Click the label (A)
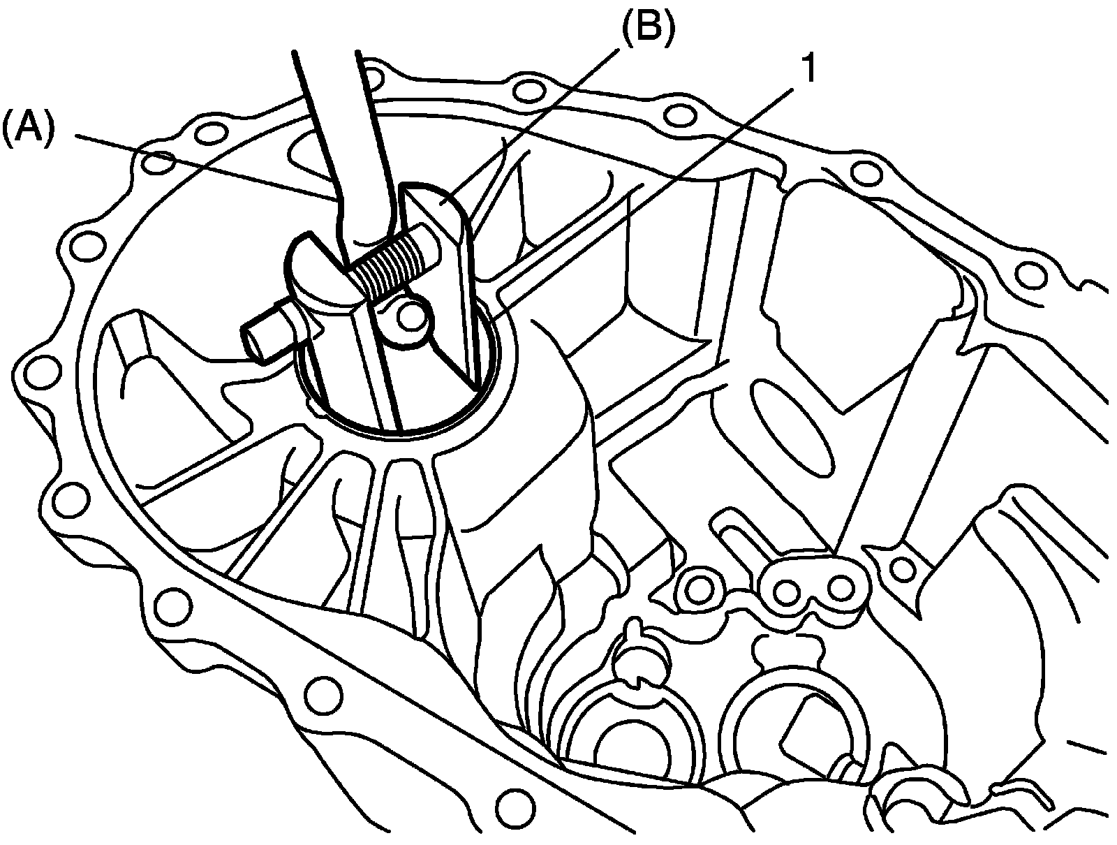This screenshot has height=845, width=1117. point(27,130)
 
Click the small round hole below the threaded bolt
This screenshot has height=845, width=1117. point(411,316)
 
